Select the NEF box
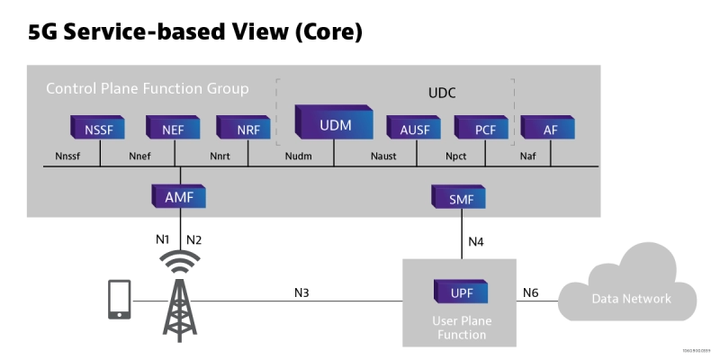click(x=174, y=129)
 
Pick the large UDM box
click(x=334, y=123)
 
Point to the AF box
click(x=550, y=129)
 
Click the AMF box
click(x=179, y=195)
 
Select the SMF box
click(x=460, y=198)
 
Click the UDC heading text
click(x=444, y=94)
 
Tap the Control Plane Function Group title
click(x=148, y=89)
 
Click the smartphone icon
click(x=119, y=298)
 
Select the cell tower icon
click(x=179, y=292)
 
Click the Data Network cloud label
click(x=631, y=299)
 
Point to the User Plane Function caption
click(x=462, y=328)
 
